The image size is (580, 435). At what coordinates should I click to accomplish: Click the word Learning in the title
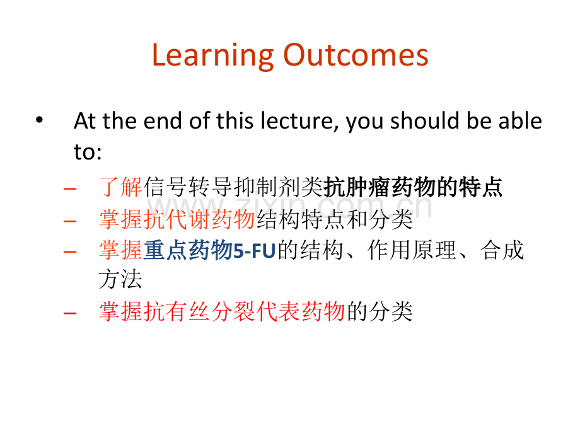click(212, 56)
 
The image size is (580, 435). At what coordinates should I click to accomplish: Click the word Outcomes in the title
click(356, 55)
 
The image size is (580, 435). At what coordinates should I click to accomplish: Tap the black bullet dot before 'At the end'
click(39, 120)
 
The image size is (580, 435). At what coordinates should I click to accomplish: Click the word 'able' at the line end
click(520, 121)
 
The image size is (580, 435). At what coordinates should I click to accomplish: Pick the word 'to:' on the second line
click(88, 152)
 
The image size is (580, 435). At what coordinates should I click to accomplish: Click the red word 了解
click(121, 187)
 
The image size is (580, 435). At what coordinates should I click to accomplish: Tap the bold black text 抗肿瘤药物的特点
click(413, 187)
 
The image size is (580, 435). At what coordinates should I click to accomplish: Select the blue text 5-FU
click(254, 251)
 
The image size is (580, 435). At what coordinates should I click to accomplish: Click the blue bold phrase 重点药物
click(187, 250)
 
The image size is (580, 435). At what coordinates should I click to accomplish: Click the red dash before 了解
click(70, 189)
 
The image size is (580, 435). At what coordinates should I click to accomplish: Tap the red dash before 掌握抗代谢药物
click(70, 221)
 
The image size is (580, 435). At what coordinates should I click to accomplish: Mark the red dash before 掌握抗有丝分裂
click(70, 313)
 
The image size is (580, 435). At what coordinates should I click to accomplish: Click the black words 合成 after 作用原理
click(502, 250)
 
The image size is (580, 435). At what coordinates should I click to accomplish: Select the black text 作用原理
click(412, 250)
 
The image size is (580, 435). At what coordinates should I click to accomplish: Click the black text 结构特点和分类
click(334, 219)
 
